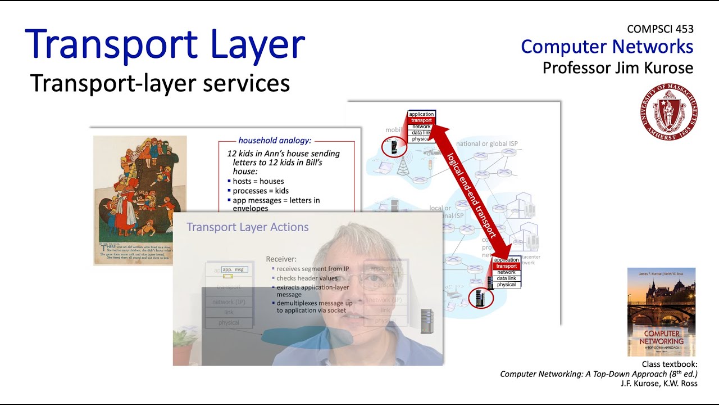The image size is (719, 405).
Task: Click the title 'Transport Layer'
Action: [165, 45]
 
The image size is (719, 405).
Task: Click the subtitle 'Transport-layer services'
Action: [160, 83]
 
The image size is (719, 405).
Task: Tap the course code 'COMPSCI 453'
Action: [660, 29]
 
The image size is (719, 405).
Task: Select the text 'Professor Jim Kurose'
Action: [618, 68]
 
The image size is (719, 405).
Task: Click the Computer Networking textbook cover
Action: [661, 312]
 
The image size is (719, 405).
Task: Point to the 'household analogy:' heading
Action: [275, 141]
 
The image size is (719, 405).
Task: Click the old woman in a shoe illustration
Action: [139, 200]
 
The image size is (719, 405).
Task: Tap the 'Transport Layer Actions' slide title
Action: [247, 227]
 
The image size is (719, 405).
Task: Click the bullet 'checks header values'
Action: [307, 278]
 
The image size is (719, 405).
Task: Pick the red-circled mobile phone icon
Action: [393, 148]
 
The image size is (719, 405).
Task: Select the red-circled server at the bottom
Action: [480, 298]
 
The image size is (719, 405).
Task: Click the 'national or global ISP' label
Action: [486, 144]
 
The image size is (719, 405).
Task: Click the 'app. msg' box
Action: [234, 270]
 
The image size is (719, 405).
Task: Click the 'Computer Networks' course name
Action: [607, 47]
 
